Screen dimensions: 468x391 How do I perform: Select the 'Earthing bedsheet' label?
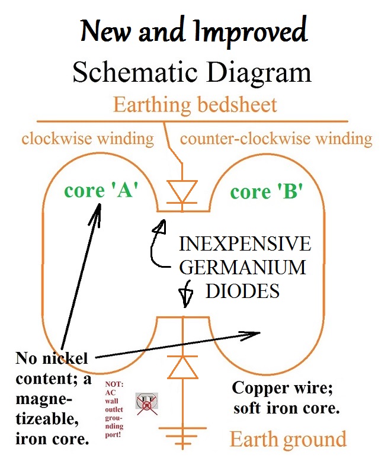click(195, 105)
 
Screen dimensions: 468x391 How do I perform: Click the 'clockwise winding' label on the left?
click(88, 139)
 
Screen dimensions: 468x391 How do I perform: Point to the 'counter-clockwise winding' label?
click(276, 139)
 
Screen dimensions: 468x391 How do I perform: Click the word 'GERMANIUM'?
click(243, 268)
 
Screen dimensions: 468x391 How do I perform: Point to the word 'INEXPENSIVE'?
click(245, 244)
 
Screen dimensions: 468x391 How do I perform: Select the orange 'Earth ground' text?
click(288, 439)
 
